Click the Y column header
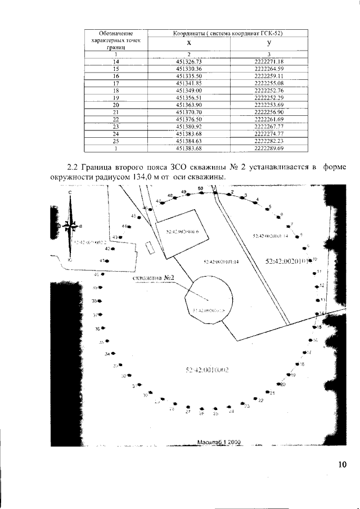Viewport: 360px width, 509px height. click(x=269, y=43)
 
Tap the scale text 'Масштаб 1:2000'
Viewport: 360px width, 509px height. click(x=219, y=442)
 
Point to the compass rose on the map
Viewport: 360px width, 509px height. click(x=70, y=226)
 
